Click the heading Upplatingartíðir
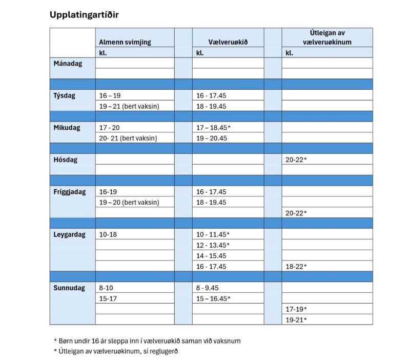84,14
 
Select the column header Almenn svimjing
125,42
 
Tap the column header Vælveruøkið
221,42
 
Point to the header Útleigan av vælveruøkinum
327,37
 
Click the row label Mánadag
68,63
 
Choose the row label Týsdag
65,95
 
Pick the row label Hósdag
65,159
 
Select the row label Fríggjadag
70,192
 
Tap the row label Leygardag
69,234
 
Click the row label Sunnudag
69,288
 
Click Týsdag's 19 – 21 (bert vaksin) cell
129,106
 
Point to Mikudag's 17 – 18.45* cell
214,128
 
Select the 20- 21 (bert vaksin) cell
128,138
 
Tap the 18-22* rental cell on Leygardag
296,266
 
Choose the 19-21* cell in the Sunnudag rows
296,319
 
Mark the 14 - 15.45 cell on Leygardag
212,255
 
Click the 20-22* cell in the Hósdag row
296,159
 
